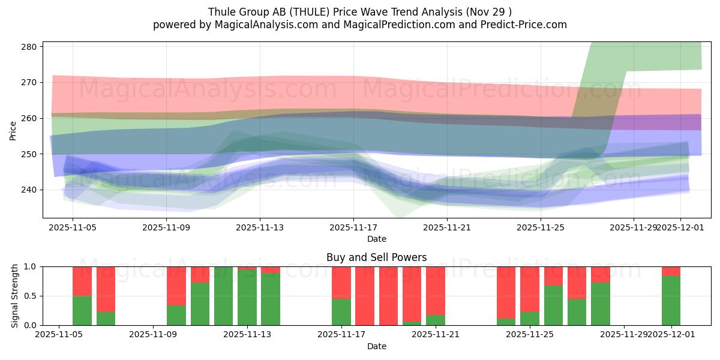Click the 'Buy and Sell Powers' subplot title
(x=376, y=257)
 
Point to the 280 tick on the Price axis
(x=31, y=47)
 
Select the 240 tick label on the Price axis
(x=31, y=190)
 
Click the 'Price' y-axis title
(x=13, y=130)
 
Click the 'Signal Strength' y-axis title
(x=16, y=296)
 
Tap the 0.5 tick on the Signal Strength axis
(x=29, y=296)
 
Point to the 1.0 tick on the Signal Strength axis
(x=29, y=266)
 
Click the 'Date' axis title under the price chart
(x=376, y=239)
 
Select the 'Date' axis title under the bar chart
(x=376, y=346)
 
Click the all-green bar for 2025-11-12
(x=223, y=296)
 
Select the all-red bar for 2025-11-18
(x=365, y=296)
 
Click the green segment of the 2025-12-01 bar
(x=671, y=301)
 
